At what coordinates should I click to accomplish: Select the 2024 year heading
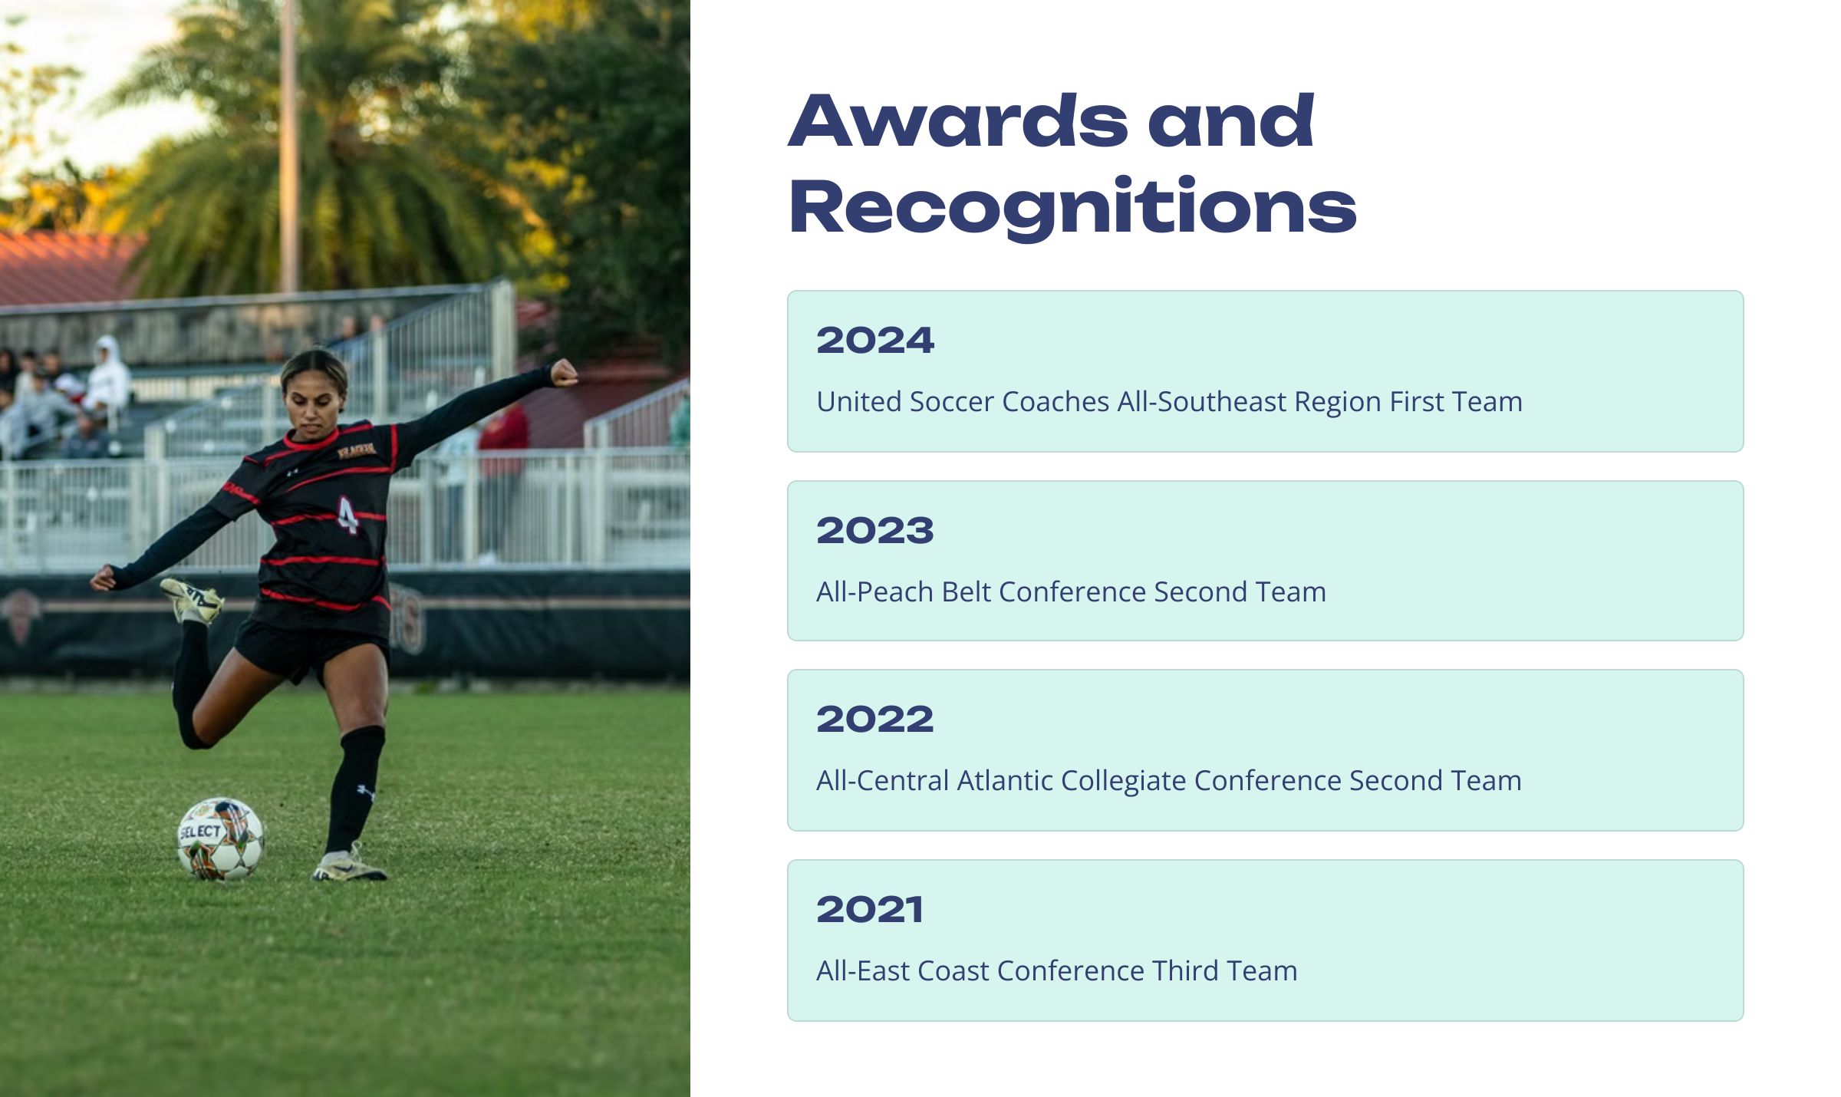pyautogui.click(x=875, y=340)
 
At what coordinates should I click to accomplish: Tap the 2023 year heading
pyautogui.click(x=875, y=530)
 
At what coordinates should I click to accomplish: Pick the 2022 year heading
pyautogui.click(x=875, y=719)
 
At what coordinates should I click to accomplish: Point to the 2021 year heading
pyautogui.click(x=870, y=909)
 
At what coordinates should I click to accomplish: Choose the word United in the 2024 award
pyautogui.click(x=859, y=402)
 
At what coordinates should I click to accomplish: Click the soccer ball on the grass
pyautogui.click(x=221, y=838)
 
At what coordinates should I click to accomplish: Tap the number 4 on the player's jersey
pyautogui.click(x=347, y=515)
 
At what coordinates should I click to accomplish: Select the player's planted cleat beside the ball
pyautogui.click(x=350, y=865)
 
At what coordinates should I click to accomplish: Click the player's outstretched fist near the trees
pyautogui.click(x=564, y=374)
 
